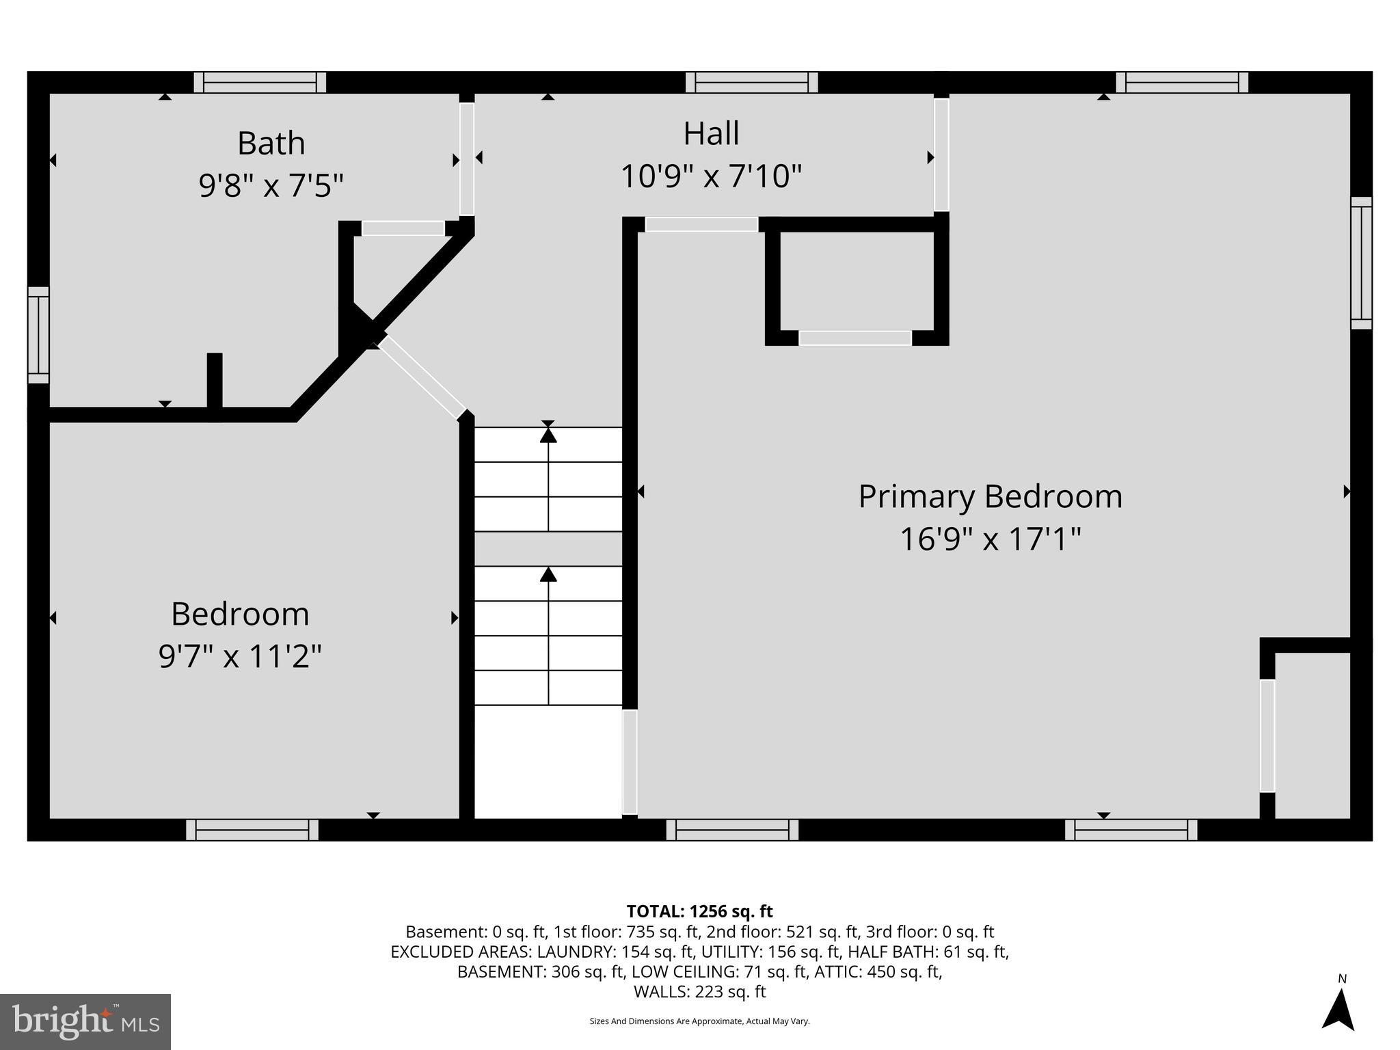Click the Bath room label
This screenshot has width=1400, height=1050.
click(271, 144)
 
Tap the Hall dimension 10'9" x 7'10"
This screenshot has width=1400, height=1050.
click(710, 176)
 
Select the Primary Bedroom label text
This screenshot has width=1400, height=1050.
click(990, 496)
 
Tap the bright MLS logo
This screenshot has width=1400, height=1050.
click(85, 1021)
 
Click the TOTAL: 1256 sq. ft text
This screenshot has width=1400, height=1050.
click(699, 911)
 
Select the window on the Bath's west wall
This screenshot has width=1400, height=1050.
click(38, 335)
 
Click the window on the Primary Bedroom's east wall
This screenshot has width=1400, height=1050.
click(1361, 263)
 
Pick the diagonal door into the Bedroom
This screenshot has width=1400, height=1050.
click(422, 377)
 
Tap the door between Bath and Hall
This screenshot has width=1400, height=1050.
click(466, 159)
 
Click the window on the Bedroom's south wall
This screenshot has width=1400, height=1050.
click(252, 830)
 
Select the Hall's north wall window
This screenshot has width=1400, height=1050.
click(751, 83)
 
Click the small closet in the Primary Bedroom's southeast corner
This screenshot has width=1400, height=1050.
click(1312, 735)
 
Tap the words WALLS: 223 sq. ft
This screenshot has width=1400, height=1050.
click(699, 991)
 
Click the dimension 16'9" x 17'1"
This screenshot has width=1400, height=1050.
click(990, 539)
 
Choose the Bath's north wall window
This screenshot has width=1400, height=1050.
click(260, 83)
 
